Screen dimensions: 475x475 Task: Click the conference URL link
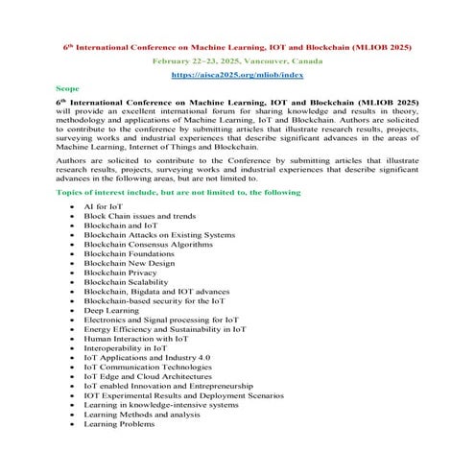[x=236, y=74]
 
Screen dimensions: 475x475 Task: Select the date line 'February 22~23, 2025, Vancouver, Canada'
[x=237, y=59]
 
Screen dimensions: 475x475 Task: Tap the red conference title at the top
[x=237, y=45]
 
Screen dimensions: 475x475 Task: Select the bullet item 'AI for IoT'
[x=103, y=207]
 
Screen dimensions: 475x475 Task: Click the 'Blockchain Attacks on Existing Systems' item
[x=158, y=235]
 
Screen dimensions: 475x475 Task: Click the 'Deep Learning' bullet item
[x=113, y=310]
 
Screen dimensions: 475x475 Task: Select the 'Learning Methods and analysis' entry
[x=142, y=414]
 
